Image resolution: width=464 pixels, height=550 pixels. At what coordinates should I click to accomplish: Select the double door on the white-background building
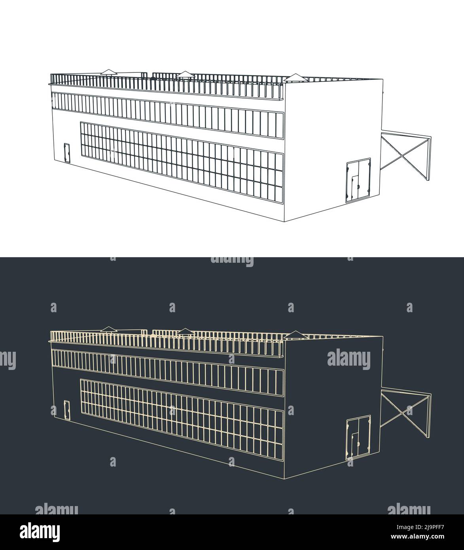click(358, 180)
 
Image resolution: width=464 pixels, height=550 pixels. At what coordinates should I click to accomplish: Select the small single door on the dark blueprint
click(67, 410)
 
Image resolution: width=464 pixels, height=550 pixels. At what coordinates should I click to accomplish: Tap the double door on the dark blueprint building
click(358, 438)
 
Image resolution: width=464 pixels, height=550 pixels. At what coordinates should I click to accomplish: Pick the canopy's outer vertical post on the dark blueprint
click(429, 415)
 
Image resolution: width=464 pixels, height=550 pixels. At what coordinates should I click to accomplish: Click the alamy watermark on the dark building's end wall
click(349, 359)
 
